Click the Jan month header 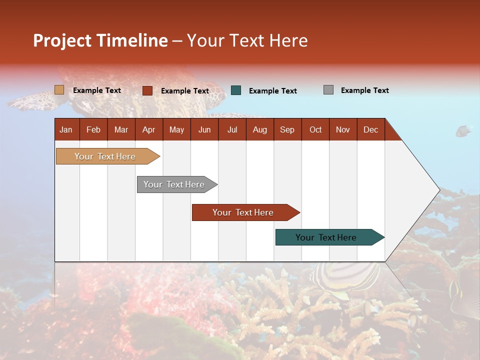tap(66, 129)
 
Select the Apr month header tap(148, 129)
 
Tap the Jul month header tap(232, 129)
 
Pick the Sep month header tap(287, 129)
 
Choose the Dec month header tap(370, 129)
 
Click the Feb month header tap(93, 129)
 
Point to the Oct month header tap(315, 129)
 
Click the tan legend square tap(59, 90)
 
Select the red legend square tap(147, 90)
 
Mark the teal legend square tap(236, 90)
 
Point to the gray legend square tap(328, 90)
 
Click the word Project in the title tap(62, 40)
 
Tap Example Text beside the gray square tap(364, 90)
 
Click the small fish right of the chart tap(463, 131)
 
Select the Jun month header tap(204, 129)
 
